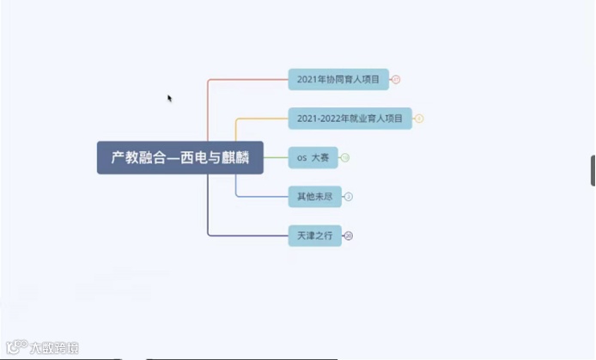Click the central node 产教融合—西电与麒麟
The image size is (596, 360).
point(179,158)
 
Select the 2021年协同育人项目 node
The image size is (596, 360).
point(338,80)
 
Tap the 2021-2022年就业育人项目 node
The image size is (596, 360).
point(350,119)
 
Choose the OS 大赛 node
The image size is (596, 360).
point(312,158)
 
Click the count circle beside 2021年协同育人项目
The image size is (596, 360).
point(396,80)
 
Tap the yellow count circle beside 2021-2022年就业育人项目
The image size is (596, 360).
point(419,119)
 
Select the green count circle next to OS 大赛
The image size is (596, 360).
point(344,158)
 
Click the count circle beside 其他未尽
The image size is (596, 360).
point(349,197)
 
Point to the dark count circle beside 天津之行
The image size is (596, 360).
point(349,235)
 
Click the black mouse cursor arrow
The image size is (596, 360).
point(170,98)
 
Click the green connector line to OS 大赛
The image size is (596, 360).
point(276,158)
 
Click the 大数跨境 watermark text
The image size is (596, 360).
point(53,348)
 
